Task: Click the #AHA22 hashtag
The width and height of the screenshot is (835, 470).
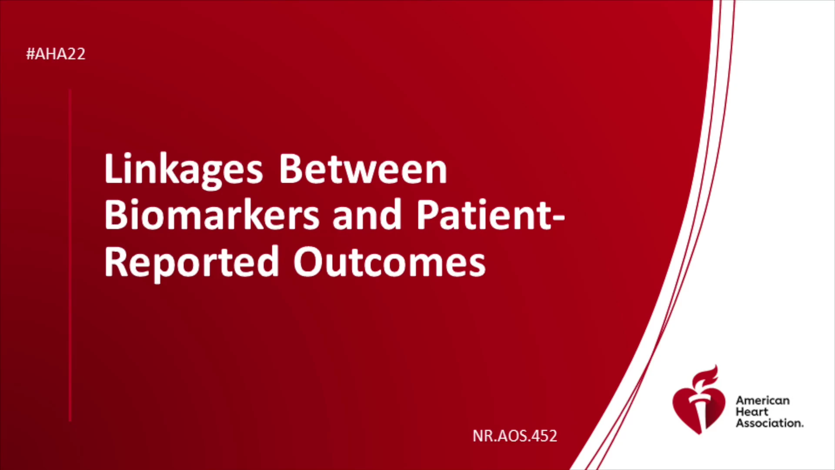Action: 56,54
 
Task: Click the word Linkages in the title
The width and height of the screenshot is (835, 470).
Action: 184,171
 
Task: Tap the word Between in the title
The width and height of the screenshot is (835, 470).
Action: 363,168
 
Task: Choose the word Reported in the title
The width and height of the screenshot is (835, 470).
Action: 191,263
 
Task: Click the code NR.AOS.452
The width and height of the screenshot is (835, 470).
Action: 515,436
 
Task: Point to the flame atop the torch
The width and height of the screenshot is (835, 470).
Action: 705,376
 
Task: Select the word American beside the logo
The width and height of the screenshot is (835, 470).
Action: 762,400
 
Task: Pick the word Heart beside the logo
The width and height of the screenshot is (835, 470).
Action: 752,412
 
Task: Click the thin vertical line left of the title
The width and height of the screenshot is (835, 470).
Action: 70,255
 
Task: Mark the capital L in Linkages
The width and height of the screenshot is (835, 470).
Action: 114,168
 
